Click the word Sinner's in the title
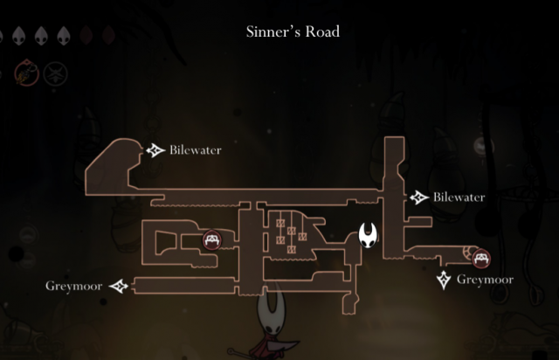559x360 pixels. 274,32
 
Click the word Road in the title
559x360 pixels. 321,32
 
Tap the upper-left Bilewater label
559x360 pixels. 196,150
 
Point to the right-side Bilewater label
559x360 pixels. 459,197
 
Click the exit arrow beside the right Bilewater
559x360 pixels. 420,197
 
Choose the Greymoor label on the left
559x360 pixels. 73,286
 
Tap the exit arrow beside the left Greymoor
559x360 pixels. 119,286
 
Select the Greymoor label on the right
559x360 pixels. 484,280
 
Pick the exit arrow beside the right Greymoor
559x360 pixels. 445,280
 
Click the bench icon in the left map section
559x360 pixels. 211,239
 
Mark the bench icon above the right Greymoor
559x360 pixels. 480,258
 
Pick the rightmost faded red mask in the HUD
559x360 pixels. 108,36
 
